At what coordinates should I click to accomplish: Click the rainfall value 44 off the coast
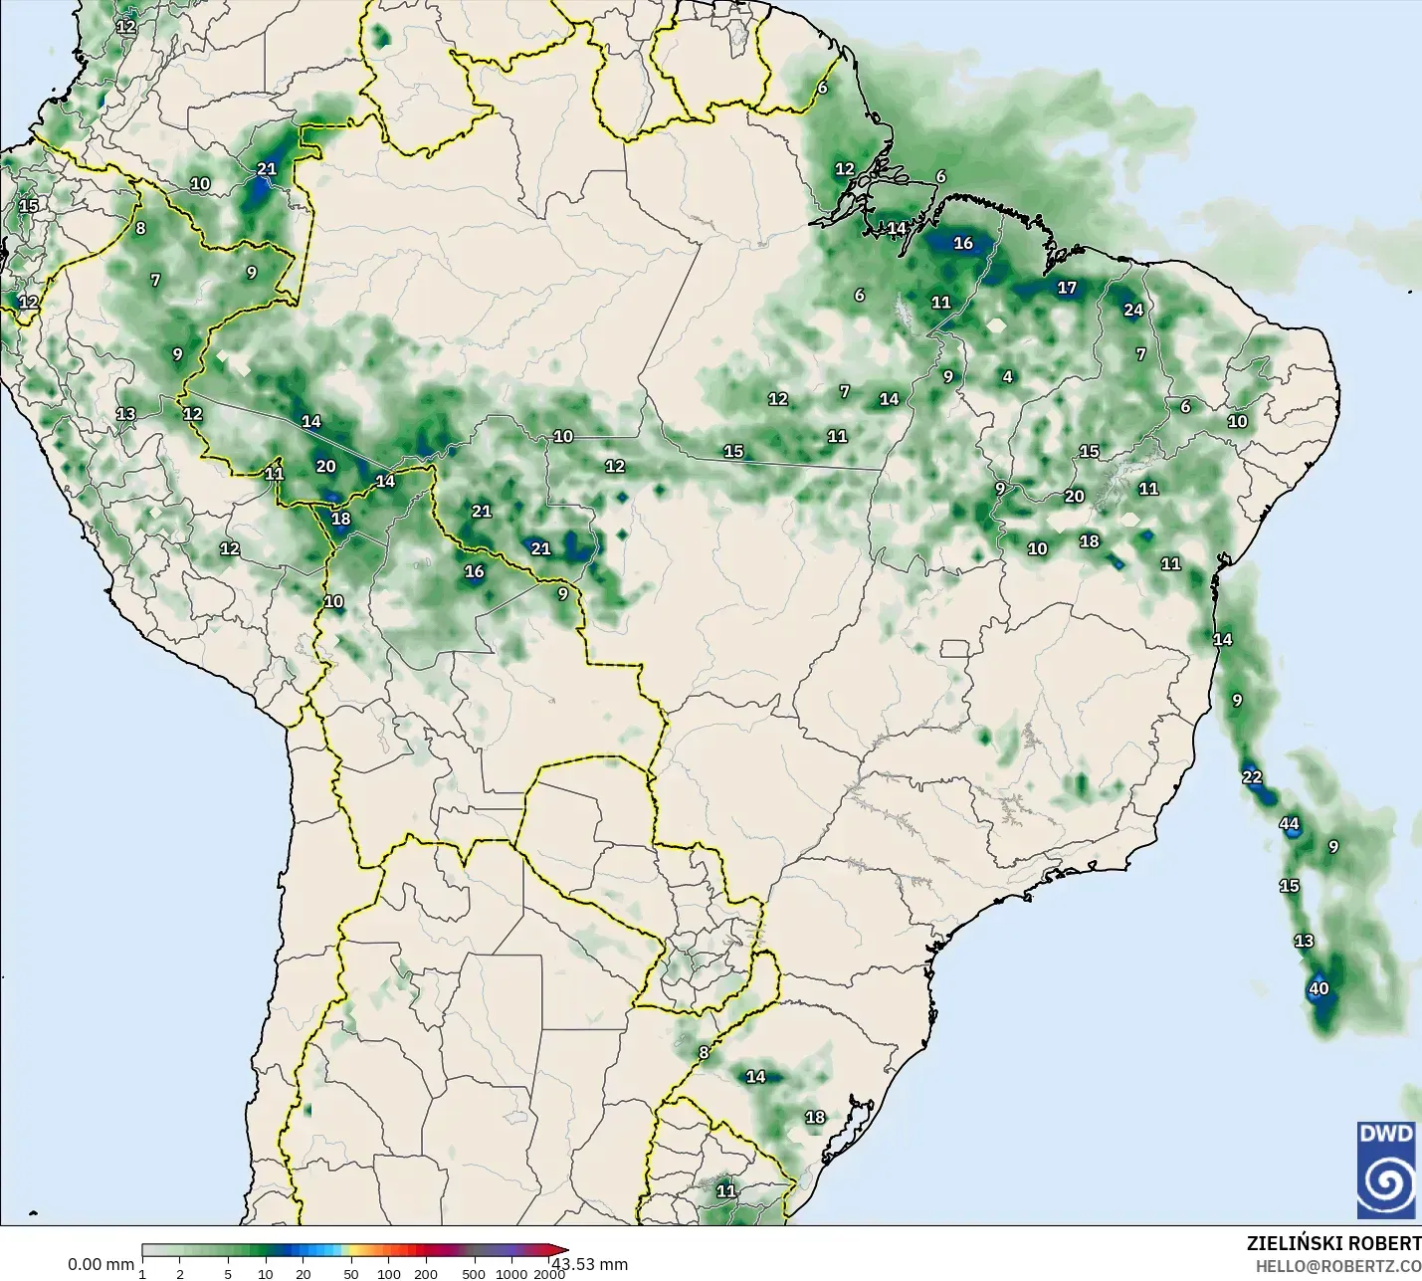1289,824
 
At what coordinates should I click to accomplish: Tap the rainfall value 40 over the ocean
1319,988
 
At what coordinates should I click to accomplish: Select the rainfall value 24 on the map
1133,310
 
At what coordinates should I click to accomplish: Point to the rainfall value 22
1252,776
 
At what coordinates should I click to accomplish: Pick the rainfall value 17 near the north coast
1067,288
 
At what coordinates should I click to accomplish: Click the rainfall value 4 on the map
1008,376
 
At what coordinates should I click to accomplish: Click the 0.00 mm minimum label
101,1264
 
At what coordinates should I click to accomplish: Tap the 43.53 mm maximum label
590,1264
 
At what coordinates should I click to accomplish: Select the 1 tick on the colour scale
142,1274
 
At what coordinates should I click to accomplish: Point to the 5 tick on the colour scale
228,1274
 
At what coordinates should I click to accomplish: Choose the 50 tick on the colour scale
351,1274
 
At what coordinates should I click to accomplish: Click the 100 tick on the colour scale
389,1274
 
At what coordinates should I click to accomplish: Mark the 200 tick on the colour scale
426,1274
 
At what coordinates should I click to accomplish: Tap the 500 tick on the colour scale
475,1274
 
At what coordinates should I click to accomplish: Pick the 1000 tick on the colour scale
511,1274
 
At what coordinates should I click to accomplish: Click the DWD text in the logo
1386,1134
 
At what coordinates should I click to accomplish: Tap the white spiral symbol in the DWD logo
1386,1182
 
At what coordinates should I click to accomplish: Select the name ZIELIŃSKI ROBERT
1333,1243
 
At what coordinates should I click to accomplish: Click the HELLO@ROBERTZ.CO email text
1337,1266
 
